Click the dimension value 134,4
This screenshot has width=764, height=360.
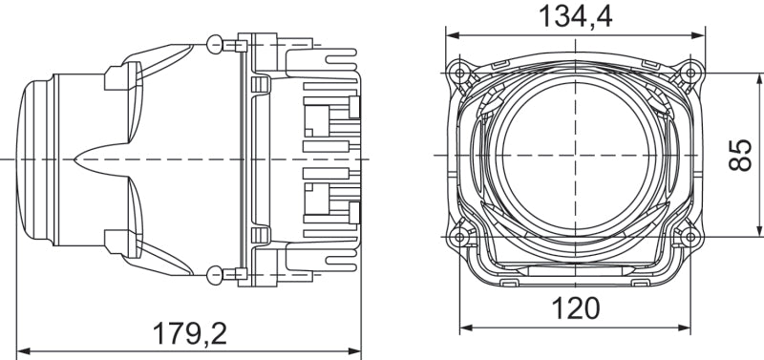[x=576, y=17]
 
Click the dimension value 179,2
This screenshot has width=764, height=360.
[x=191, y=333]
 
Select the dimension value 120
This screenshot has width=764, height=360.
[x=576, y=308]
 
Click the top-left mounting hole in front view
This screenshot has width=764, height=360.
[x=462, y=73]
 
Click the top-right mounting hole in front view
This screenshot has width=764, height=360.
[x=690, y=73]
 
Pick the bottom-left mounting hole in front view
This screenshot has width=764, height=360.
[x=462, y=235]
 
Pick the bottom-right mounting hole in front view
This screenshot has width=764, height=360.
[x=690, y=235]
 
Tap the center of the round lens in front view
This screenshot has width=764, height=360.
[x=576, y=154]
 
